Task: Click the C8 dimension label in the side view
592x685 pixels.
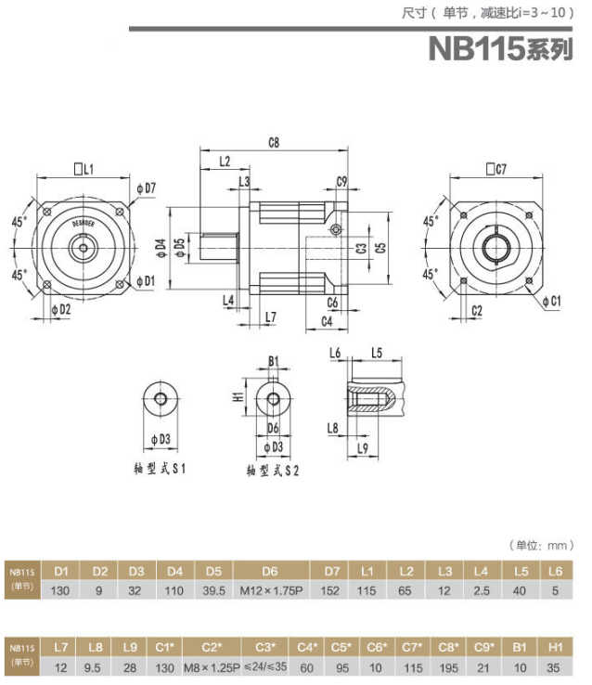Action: pos(274,142)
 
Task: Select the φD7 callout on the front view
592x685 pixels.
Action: pos(146,188)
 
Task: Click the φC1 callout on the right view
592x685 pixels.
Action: pos(550,301)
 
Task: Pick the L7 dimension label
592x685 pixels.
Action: pos(270,317)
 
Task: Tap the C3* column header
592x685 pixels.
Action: pos(264,646)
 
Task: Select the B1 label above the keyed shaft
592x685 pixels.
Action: pos(274,361)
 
